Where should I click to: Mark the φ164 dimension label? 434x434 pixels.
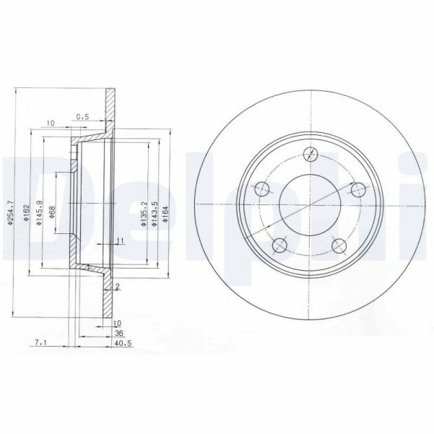coord(165,214)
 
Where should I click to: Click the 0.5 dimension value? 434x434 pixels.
coord(84,116)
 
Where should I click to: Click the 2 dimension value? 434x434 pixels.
coord(117,287)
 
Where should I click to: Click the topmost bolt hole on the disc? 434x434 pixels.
coord(311,153)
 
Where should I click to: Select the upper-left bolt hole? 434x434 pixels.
coord(262,189)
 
